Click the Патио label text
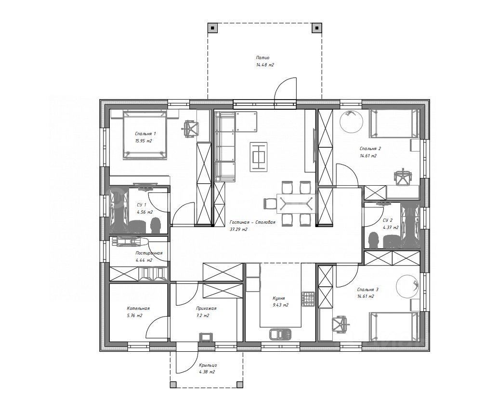click(x=262, y=58)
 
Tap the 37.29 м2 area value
click(x=238, y=230)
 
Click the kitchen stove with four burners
click(x=308, y=299)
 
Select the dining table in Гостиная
click(x=296, y=204)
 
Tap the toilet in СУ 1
click(x=155, y=225)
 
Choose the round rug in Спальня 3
click(x=407, y=286)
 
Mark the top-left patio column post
click(x=212, y=28)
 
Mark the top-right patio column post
click(x=317, y=28)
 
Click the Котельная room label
click(x=138, y=308)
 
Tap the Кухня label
click(x=279, y=298)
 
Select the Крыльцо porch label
click(x=208, y=365)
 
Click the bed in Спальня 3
click(x=393, y=327)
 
